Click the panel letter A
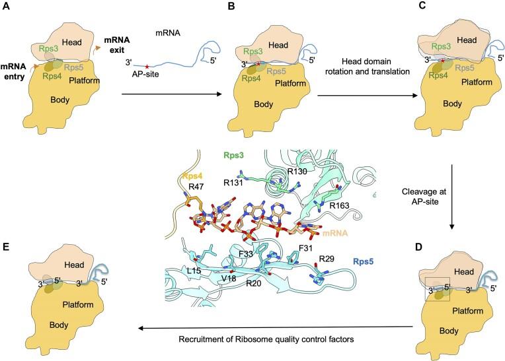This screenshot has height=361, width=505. pyautogui.click(x=7, y=7)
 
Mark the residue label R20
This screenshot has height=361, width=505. pyautogui.click(x=254, y=284)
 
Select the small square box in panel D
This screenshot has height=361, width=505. pyautogui.click(x=437, y=289)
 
